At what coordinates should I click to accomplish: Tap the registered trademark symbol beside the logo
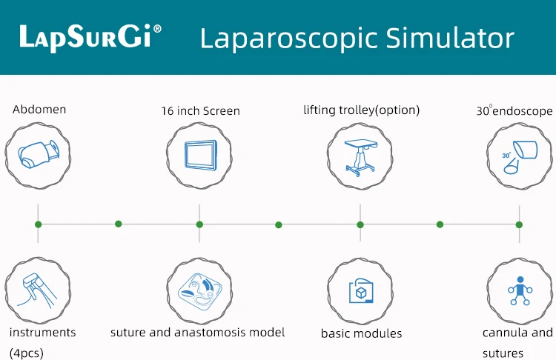pyautogui.click(x=158, y=29)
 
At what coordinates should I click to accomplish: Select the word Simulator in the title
pyautogui.click(x=450, y=38)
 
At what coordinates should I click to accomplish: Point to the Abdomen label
pyautogui.click(x=39, y=110)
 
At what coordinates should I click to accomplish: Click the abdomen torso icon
pyautogui.click(x=39, y=155)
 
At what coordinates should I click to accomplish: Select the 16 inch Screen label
pyautogui.click(x=200, y=111)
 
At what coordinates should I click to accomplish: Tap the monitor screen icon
pyautogui.click(x=200, y=156)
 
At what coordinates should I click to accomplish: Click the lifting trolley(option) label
pyautogui.click(x=361, y=110)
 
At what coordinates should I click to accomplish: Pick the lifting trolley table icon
pyautogui.click(x=360, y=157)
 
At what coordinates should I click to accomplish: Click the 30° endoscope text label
pyautogui.click(x=514, y=110)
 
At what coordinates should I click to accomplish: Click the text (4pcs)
pyautogui.click(x=27, y=353)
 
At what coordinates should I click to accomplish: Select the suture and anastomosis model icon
pyautogui.click(x=200, y=292)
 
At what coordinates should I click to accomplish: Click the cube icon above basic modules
pyautogui.click(x=361, y=291)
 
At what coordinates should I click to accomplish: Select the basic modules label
pyautogui.click(x=361, y=333)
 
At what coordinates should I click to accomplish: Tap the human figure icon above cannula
pyautogui.click(x=520, y=290)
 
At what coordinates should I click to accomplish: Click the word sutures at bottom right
pyautogui.click(x=503, y=353)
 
